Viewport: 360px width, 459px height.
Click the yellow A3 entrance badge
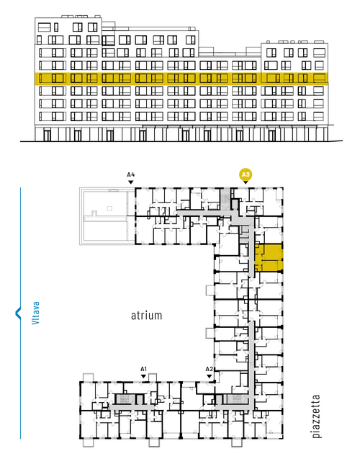coord(246,175)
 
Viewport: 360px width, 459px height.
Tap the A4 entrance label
coord(131,175)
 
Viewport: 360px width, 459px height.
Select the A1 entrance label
coord(143,369)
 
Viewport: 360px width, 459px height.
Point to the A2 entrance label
coord(209,369)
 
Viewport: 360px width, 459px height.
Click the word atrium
coord(146,316)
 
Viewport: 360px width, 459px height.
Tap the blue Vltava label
coord(35,313)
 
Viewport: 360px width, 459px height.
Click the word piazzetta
coord(316,416)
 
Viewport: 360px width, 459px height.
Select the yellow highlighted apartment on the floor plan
coord(268,258)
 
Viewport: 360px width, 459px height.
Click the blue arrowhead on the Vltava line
coord(18,313)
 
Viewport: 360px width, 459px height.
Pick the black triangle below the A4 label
coord(131,182)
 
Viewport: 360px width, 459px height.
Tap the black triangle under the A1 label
coord(143,376)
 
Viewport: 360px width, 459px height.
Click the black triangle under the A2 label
coord(209,376)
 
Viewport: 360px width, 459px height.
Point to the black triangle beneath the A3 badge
coord(246,182)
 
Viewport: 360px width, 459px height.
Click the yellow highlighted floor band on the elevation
coord(181,79)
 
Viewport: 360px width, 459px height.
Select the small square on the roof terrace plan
coord(109,208)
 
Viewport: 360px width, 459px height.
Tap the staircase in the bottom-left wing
coord(124,399)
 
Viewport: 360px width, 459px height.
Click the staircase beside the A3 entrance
coord(225,199)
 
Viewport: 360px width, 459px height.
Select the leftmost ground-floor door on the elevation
coord(47,135)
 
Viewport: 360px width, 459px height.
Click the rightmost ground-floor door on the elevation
coord(272,135)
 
